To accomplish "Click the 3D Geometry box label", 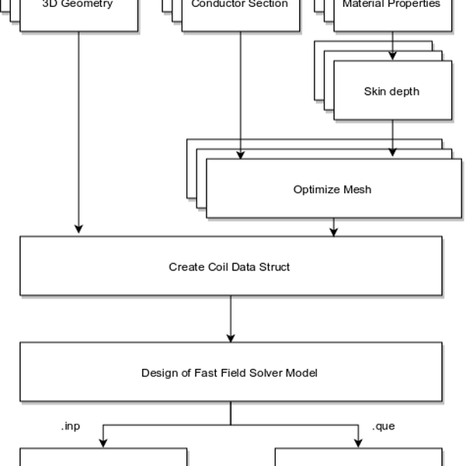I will [78, 5].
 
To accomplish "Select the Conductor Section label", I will [239, 5].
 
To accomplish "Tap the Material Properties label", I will [391, 5].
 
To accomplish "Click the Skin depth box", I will [391, 92].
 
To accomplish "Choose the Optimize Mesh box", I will [332, 190].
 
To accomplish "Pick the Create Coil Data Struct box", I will [230, 267].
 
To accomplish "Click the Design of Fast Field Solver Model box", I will [230, 373].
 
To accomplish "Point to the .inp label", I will [71, 426].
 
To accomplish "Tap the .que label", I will [384, 426].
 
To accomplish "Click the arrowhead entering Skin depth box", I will [392, 57].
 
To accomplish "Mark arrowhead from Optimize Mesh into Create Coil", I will [334, 231].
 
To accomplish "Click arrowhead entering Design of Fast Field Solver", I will [231, 337].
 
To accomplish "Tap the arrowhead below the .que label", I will [358, 443].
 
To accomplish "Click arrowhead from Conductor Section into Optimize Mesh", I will [240, 155].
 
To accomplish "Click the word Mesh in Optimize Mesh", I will [357, 190].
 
